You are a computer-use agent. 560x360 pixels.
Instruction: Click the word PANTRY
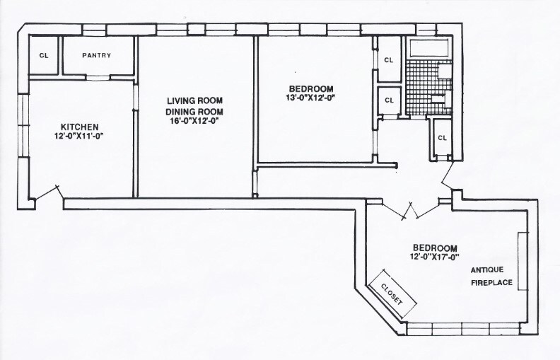[x=96, y=56]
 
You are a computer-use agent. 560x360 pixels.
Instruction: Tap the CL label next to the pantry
[x=44, y=56]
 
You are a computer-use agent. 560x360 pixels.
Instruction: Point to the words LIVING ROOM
[x=194, y=101]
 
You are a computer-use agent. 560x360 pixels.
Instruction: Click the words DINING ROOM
[x=194, y=112]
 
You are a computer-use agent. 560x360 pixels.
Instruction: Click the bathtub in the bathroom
[x=429, y=49]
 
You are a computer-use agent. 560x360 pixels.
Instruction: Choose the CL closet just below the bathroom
[x=443, y=137]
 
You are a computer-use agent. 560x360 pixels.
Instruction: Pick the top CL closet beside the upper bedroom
[x=388, y=60]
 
